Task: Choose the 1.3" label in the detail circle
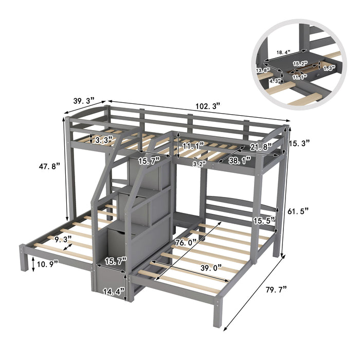(x=329, y=67)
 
